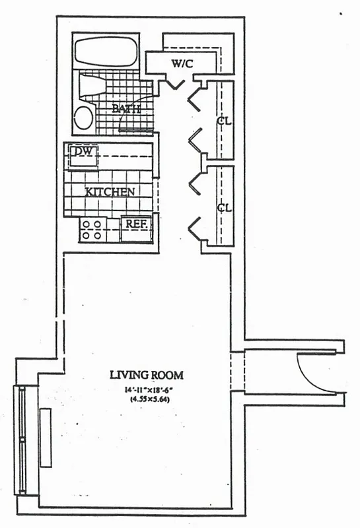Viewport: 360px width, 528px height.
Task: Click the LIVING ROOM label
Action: (146, 375)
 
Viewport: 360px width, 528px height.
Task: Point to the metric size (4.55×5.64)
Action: (146, 399)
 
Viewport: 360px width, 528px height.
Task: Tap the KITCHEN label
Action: (110, 191)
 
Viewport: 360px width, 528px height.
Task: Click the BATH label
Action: (126, 109)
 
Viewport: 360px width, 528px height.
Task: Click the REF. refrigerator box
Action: (136, 225)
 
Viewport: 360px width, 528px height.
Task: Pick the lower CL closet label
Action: (225, 208)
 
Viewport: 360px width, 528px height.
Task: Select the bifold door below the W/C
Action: (174, 84)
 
